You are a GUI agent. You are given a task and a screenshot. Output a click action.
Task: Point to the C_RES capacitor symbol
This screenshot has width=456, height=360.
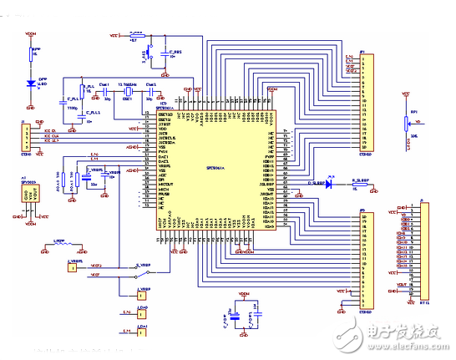click(172, 58)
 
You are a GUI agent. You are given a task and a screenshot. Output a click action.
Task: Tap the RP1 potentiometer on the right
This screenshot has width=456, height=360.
click(406, 124)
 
